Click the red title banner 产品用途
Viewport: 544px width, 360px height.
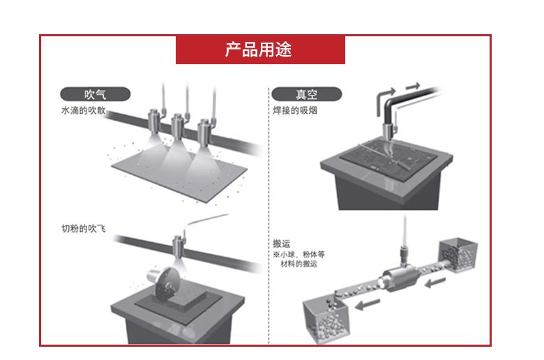click(260, 50)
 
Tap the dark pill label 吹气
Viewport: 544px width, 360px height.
click(95, 94)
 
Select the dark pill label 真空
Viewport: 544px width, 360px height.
click(306, 94)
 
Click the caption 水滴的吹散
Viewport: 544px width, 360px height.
click(83, 110)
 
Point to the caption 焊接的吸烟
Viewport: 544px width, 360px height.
click(295, 110)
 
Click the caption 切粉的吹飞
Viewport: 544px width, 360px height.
click(83, 228)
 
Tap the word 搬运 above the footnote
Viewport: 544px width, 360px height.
click(281, 243)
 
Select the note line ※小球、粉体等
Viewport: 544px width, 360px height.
click(299, 255)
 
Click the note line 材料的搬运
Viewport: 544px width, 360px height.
click(299, 264)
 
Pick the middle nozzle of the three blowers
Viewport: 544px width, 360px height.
click(178, 127)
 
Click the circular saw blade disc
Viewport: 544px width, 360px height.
click(166, 283)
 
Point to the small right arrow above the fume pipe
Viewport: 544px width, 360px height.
click(413, 85)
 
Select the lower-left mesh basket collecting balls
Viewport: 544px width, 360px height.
click(326, 317)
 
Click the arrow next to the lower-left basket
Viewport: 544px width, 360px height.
click(367, 304)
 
